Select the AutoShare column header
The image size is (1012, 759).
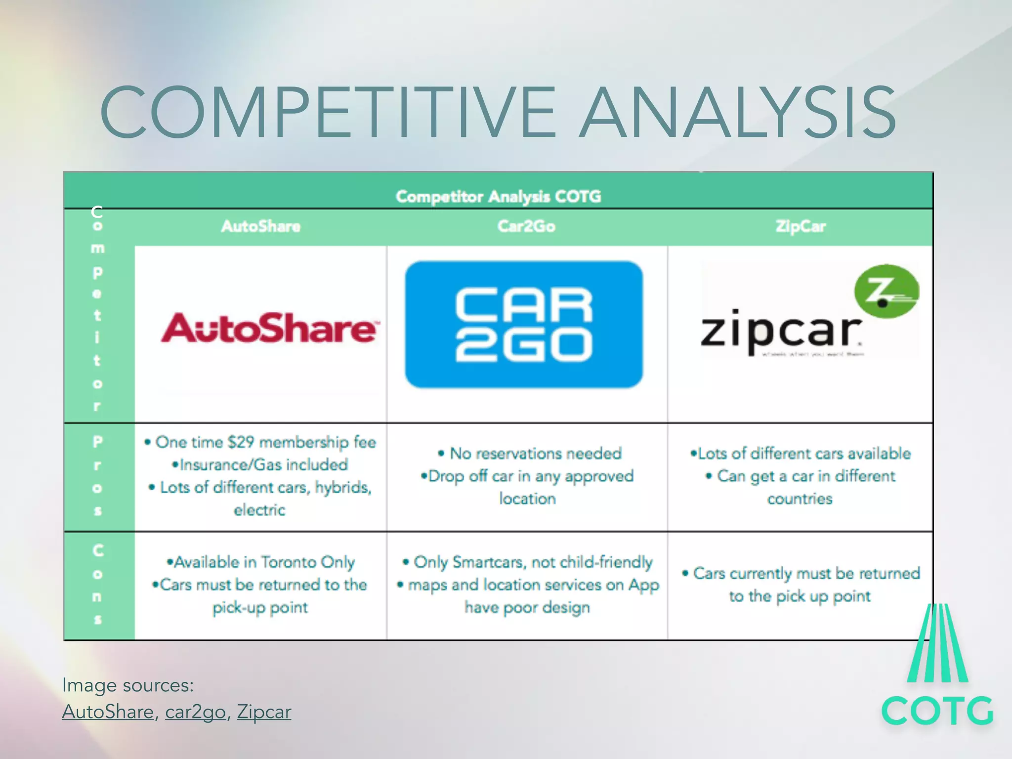click(260, 226)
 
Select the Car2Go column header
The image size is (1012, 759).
click(526, 226)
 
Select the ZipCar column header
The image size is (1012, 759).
click(800, 226)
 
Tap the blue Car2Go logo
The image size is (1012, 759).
click(524, 325)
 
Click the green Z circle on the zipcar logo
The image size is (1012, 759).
click(886, 292)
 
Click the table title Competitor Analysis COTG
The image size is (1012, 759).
click(498, 197)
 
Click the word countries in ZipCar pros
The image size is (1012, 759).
click(800, 499)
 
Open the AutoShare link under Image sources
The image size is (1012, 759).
click(108, 712)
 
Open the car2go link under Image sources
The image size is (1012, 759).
click(195, 712)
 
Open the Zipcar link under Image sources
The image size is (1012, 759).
click(264, 712)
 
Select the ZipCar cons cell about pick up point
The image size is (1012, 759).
click(801, 585)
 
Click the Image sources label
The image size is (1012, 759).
click(127, 685)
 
